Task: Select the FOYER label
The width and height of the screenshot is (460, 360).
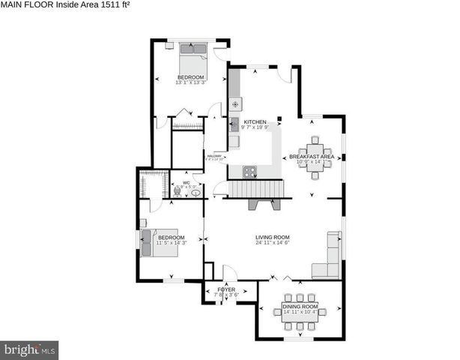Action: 226,289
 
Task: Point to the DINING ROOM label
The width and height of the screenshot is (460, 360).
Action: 300,306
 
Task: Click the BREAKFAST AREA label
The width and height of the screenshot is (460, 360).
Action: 312,156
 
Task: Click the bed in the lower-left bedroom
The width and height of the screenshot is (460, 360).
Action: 161,242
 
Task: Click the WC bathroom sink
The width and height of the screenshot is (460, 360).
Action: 196,193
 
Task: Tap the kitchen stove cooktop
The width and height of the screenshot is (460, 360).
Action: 249,171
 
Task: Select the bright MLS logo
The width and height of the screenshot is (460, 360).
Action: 30,349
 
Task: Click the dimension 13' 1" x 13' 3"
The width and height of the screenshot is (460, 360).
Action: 190,82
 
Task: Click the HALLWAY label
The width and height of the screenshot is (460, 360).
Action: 214,155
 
